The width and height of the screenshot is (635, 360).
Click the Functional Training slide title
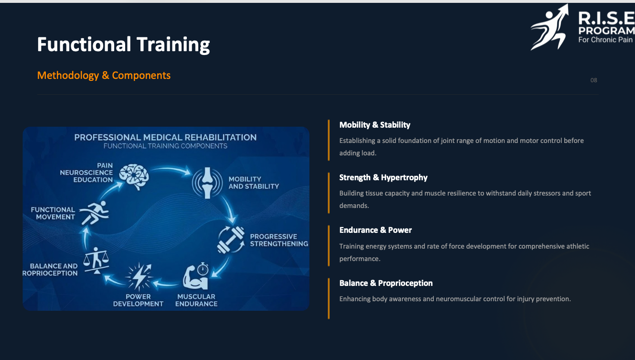[123, 44]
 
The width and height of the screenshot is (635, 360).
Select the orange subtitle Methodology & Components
[104, 76]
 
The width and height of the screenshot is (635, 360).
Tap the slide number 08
[593, 80]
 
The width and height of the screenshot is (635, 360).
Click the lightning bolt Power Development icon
[139, 277]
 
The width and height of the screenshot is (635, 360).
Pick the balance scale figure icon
[96, 260]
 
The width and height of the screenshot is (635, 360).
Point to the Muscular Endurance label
[196, 300]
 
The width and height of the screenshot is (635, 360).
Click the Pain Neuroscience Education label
[86, 173]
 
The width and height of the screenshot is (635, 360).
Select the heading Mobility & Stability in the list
[375, 125]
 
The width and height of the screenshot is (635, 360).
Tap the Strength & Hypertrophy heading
[383, 177]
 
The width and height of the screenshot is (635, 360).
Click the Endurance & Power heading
[376, 230]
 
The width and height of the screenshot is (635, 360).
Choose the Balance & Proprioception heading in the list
[386, 283]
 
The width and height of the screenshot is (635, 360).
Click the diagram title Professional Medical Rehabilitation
[165, 138]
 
